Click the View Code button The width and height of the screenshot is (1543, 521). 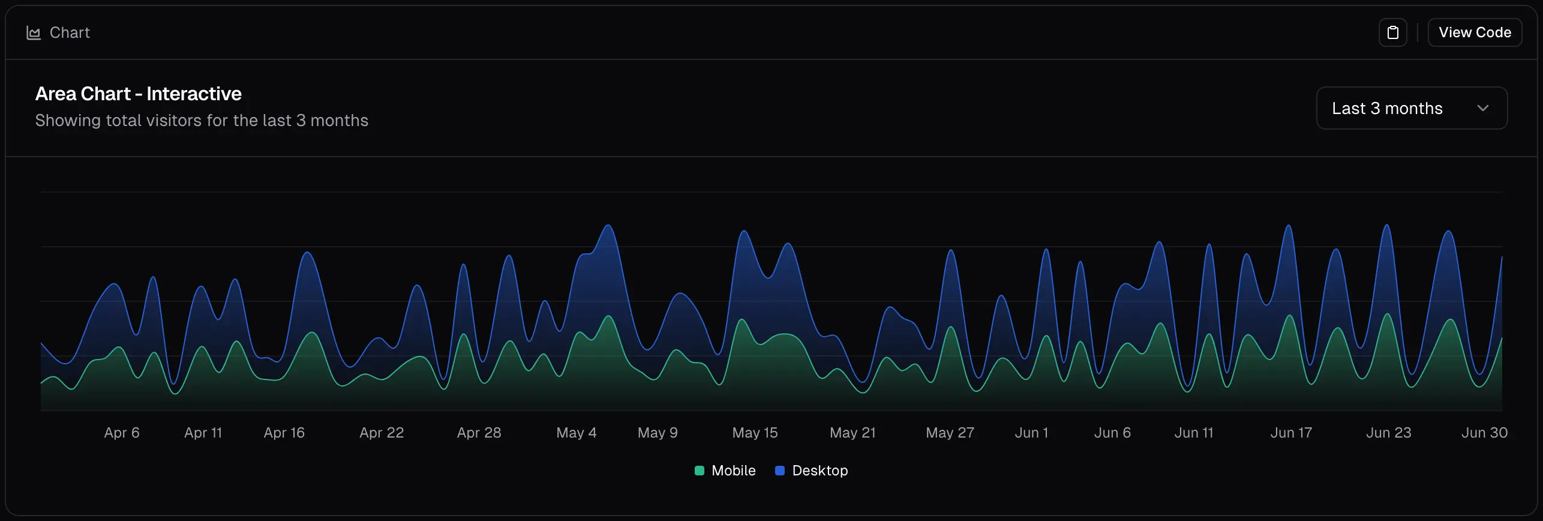1474,32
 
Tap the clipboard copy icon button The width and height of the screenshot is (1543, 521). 1392,32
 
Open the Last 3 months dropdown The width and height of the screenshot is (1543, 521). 1410,108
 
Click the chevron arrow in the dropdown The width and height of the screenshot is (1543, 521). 1482,108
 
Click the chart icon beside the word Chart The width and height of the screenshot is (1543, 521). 34,33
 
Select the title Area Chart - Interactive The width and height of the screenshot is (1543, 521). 138,94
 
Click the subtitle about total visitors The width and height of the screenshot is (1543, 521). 202,121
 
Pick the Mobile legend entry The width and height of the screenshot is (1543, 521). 733,471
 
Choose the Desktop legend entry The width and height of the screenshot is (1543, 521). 819,471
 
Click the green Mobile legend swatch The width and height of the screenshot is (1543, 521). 699,471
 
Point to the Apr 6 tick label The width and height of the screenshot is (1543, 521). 122,433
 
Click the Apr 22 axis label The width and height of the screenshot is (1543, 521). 382,433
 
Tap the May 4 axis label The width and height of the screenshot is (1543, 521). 576,433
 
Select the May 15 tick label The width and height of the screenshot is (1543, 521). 755,433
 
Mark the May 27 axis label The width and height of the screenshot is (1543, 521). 950,433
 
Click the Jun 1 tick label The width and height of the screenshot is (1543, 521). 1031,433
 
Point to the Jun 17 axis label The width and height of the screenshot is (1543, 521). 1291,433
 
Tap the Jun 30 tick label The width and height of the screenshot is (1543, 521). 1484,433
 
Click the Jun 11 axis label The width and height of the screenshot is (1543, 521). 1193,433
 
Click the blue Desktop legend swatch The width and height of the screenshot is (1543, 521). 780,471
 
